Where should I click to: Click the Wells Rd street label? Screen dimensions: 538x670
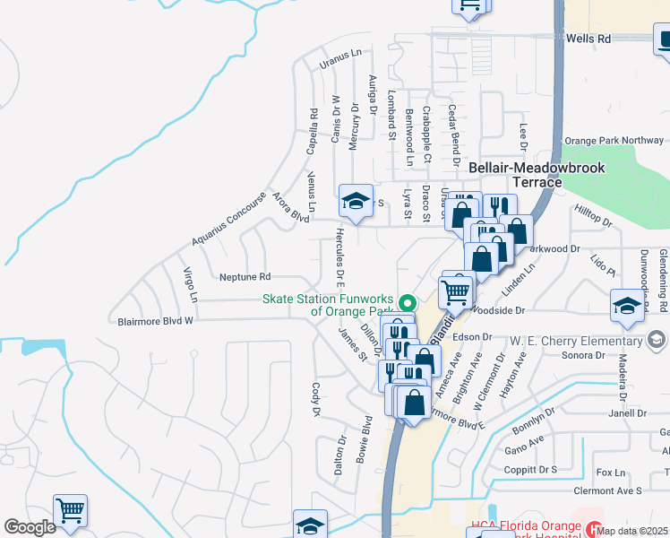(x=588, y=39)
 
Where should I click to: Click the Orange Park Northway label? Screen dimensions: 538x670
(x=614, y=141)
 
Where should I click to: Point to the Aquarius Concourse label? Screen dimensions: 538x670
(x=228, y=221)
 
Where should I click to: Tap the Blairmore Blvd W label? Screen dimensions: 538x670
(x=156, y=320)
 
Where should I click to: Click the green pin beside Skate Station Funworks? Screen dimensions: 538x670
(x=408, y=302)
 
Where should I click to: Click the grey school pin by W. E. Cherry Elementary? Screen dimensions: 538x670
(x=657, y=340)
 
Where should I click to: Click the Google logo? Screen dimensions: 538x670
(x=30, y=527)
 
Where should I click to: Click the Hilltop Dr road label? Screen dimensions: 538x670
(x=593, y=216)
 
